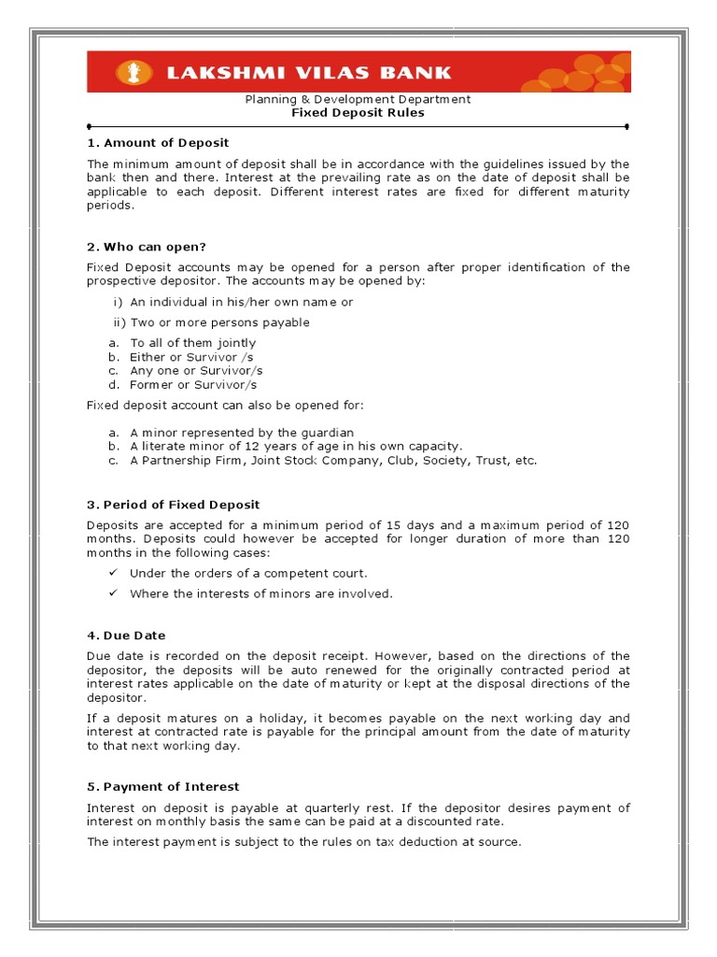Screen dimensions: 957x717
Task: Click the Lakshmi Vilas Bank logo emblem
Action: coord(128,72)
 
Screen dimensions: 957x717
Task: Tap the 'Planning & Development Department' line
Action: coord(358,99)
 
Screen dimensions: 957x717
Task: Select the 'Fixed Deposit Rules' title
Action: coord(358,113)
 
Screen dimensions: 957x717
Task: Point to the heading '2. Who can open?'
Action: coord(146,247)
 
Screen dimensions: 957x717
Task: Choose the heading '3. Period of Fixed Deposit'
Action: coord(173,506)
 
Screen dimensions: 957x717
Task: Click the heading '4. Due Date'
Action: coord(127,636)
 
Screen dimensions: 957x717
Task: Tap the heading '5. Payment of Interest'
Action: coord(162,787)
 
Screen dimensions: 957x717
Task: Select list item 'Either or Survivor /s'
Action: coord(191,357)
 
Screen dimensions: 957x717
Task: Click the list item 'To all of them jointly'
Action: coord(192,343)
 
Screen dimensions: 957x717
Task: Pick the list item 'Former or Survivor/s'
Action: coord(193,384)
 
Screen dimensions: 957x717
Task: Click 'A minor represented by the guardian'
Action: coord(242,433)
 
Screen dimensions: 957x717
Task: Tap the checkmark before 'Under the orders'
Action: coord(112,573)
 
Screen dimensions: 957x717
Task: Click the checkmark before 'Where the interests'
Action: coord(112,593)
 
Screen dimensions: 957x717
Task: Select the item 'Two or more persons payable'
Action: coord(219,322)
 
